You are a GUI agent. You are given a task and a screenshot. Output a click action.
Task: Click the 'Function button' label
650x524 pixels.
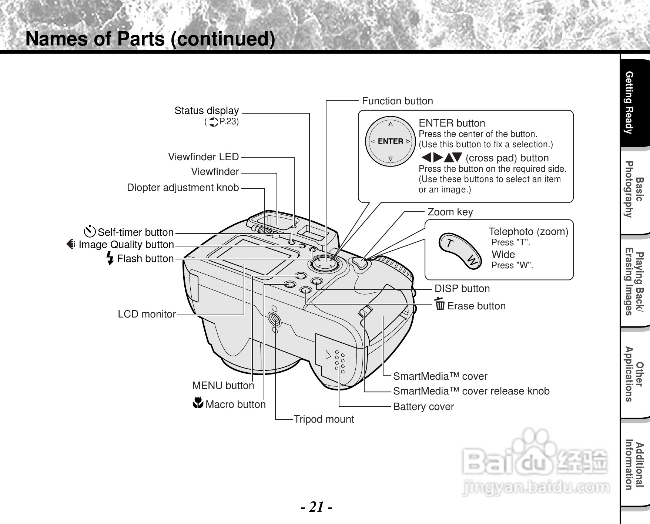(397, 101)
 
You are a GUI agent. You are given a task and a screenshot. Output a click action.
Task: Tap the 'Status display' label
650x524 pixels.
(207, 111)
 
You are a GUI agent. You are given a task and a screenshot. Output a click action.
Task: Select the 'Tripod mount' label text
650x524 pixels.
(324, 419)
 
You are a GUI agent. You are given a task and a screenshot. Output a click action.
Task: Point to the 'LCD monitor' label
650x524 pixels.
(147, 314)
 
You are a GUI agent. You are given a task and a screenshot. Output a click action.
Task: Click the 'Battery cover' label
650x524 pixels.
(423, 407)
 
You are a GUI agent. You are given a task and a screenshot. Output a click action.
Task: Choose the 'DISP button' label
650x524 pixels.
(462, 289)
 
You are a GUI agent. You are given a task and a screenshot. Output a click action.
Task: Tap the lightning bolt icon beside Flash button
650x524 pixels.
(110, 258)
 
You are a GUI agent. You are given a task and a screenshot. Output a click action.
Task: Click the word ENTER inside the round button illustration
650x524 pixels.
(391, 141)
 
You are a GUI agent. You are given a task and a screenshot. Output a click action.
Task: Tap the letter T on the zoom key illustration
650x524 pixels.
(449, 243)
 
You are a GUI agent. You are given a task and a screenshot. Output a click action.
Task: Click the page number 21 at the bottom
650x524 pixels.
(316, 507)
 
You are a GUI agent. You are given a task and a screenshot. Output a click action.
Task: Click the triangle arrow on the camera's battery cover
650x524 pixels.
(328, 355)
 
